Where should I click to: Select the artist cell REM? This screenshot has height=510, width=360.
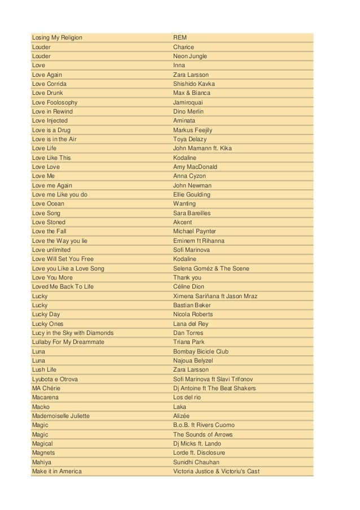click(x=180, y=38)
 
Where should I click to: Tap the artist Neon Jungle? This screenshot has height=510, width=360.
click(x=190, y=56)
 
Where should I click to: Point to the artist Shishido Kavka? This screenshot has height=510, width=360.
click(x=194, y=84)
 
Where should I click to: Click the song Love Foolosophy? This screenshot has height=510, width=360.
click(x=55, y=103)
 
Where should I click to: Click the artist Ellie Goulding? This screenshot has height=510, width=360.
click(x=192, y=195)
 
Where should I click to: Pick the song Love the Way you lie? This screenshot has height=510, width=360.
click(x=60, y=241)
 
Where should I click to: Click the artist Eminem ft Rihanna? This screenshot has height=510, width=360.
click(x=199, y=241)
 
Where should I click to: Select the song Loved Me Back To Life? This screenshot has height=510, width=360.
click(x=63, y=287)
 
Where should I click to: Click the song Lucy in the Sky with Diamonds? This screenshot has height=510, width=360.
click(x=73, y=333)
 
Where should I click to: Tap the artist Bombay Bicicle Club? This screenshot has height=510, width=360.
click(x=200, y=351)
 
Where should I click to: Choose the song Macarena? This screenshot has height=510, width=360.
click(x=45, y=398)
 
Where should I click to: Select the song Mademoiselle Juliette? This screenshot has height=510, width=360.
click(x=61, y=416)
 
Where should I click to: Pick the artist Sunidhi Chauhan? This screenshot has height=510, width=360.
click(x=196, y=462)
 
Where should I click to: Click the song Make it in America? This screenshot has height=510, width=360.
click(x=57, y=472)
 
